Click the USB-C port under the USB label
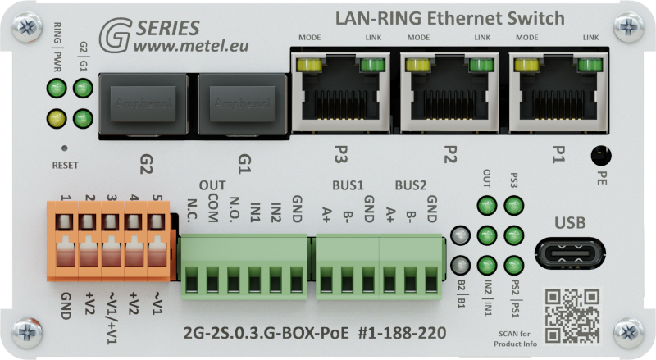pyautogui.click(x=571, y=253)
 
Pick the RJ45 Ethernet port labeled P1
pyautogui.click(x=557, y=93)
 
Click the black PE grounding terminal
pyautogui.click(x=603, y=154)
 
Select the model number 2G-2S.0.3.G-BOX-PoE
pyautogui.click(x=264, y=334)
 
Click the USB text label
pyautogui.click(x=571, y=222)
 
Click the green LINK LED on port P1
pyautogui.click(x=590, y=65)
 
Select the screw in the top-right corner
pyautogui.click(x=629, y=27)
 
